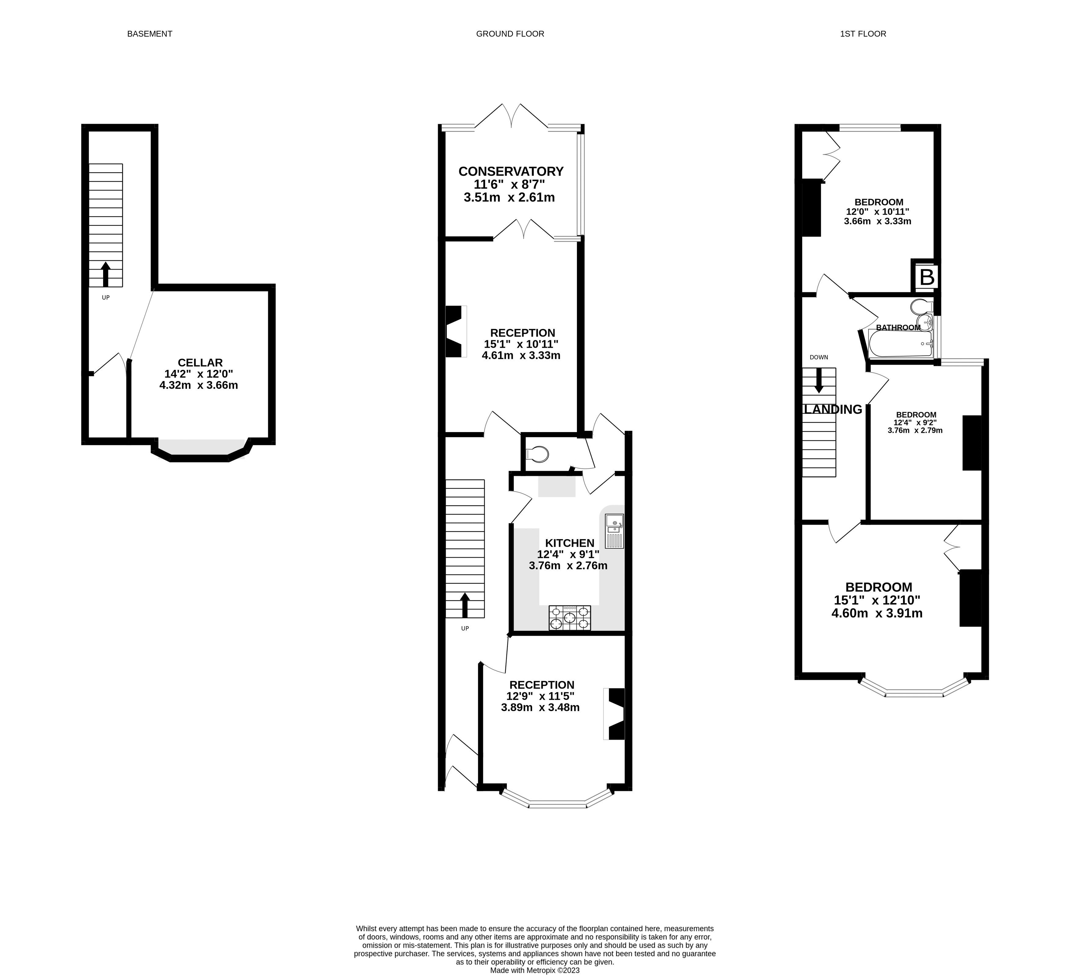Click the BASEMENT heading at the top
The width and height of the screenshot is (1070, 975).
[150, 34]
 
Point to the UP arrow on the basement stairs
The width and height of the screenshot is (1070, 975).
[105, 274]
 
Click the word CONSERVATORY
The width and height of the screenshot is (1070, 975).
[510, 172]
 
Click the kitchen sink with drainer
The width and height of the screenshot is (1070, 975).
[614, 531]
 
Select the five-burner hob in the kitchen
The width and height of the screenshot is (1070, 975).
[570, 618]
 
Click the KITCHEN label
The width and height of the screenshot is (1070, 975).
[570, 543]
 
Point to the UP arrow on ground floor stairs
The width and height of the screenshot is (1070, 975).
[465, 605]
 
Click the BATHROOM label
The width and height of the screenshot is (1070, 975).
[898, 327]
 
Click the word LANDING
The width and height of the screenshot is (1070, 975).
[833, 409]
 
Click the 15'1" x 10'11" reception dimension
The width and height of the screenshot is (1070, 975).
[521, 344]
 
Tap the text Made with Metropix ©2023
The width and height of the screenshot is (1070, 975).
[535, 970]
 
